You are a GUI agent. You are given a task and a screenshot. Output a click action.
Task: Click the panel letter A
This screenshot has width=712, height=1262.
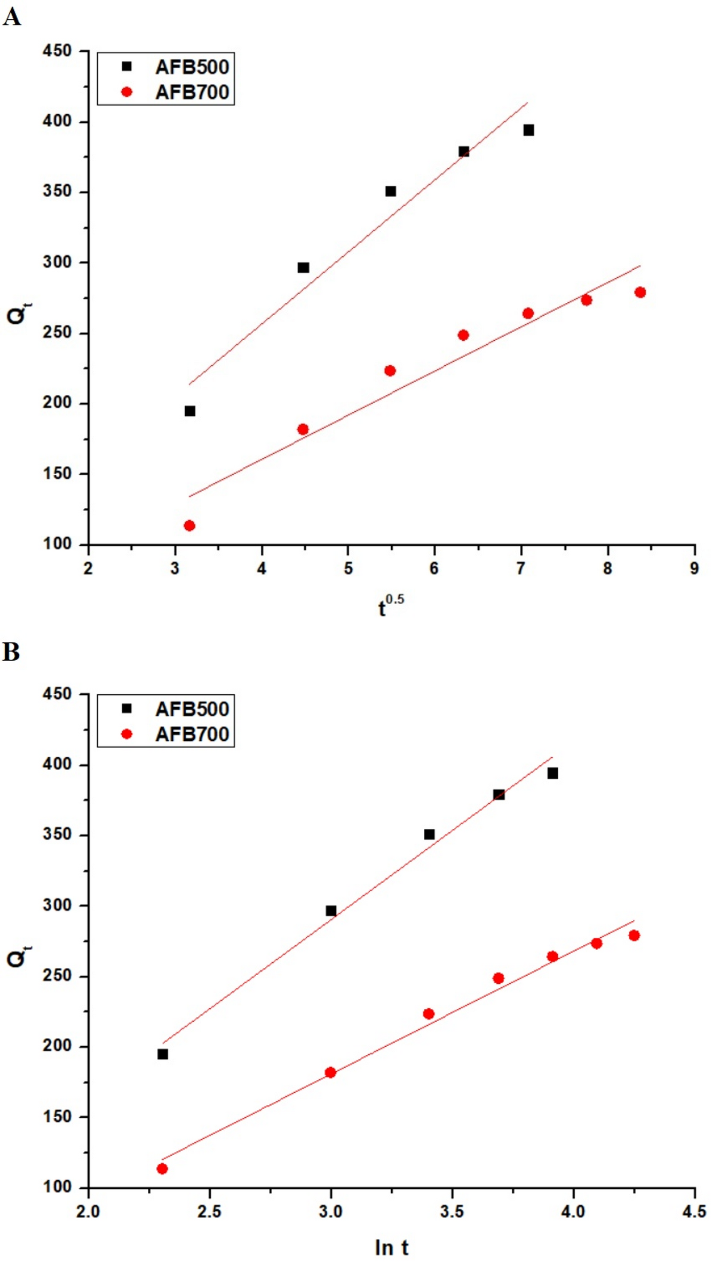pos(12,17)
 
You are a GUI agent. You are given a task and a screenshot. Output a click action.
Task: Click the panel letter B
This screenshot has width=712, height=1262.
pos(11,652)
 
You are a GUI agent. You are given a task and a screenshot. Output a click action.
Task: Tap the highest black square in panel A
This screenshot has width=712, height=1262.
pos(528,130)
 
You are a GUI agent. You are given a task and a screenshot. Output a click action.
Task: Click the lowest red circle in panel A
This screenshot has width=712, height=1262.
pos(189,526)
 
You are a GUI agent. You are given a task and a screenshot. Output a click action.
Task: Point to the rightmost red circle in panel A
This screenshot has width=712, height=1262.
pos(640,292)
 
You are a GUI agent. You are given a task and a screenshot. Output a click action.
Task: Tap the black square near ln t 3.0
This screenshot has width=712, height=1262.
pos(331,911)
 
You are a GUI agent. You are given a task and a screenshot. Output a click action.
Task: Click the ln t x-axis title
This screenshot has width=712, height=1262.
pos(391,1248)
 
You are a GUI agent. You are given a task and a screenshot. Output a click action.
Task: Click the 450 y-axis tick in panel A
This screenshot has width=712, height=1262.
pos(57,51)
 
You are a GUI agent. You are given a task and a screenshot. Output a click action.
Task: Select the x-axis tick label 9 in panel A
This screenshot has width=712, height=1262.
pos(694,568)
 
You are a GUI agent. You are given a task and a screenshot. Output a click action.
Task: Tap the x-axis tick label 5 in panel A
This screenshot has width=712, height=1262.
pos(348,568)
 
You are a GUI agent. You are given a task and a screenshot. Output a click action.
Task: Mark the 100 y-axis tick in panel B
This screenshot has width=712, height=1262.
pos(57,1187)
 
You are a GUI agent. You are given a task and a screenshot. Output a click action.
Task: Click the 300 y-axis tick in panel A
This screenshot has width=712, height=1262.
pos(57,262)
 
